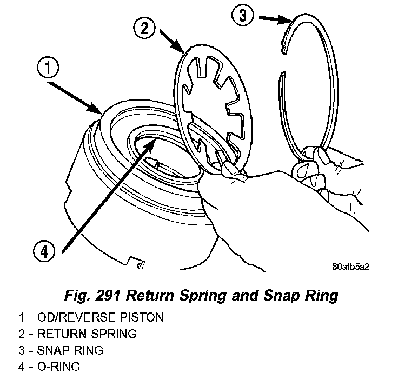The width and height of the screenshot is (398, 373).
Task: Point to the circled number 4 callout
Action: pyautogui.click(x=44, y=252)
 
